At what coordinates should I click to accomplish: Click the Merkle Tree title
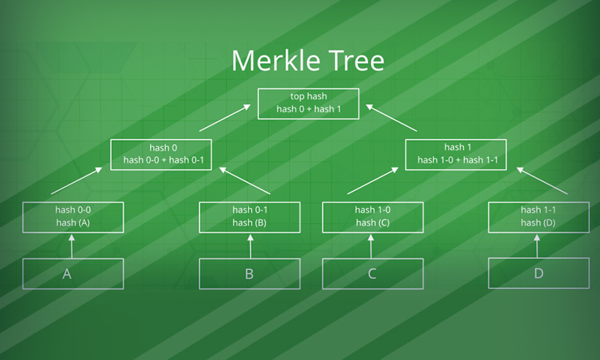[x=307, y=61]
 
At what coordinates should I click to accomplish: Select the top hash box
[x=308, y=103]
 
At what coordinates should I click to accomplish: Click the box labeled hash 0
[x=161, y=154]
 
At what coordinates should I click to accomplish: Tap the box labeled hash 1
[x=456, y=154]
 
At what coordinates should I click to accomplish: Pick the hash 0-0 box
[x=72, y=216]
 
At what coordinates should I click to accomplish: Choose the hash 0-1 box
[x=250, y=216]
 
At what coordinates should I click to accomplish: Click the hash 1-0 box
[x=372, y=216]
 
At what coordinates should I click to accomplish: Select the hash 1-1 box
[x=539, y=216]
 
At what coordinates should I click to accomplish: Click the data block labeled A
[x=72, y=274]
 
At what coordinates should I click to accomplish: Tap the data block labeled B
[x=250, y=274]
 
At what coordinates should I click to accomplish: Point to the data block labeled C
[x=372, y=274]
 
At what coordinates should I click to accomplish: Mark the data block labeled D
[x=539, y=274]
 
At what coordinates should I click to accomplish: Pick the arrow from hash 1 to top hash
[x=392, y=118]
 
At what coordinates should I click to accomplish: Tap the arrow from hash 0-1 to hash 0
[x=245, y=181]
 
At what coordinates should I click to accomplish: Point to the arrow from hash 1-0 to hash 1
[x=373, y=181]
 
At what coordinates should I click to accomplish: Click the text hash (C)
[x=372, y=222]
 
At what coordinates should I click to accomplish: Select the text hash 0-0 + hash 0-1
[x=161, y=160]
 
